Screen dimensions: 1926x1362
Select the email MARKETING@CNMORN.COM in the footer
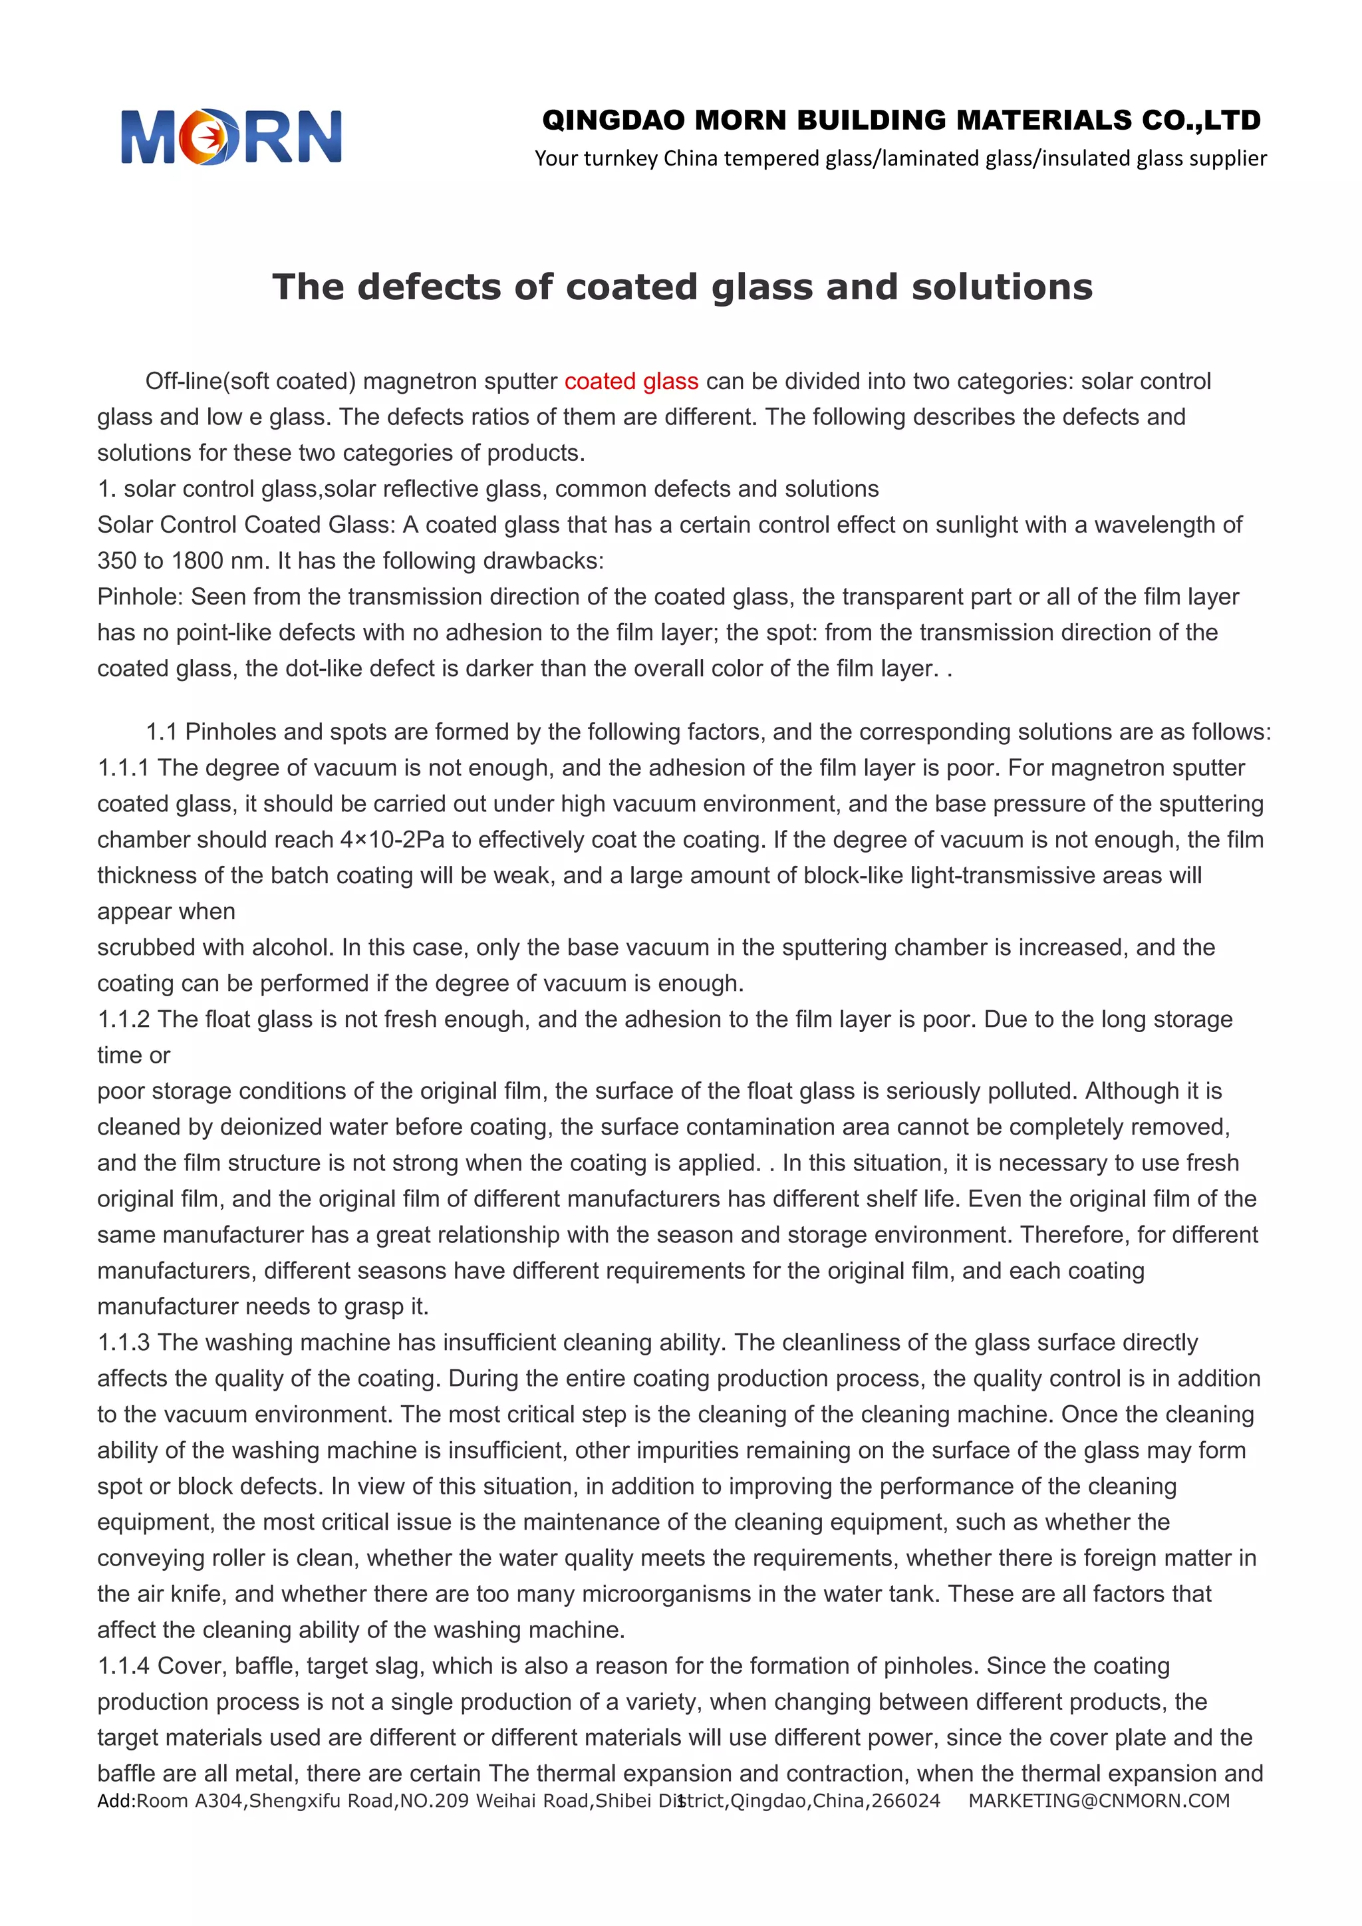pos(1099,1801)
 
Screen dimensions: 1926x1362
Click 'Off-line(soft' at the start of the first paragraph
pos(207,382)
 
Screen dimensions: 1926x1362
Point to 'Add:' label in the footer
pos(116,1801)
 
